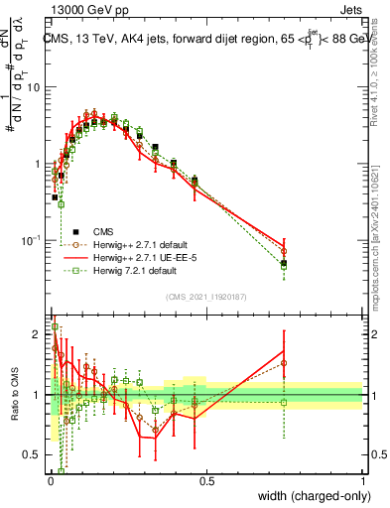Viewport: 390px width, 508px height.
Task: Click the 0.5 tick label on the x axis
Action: (206, 481)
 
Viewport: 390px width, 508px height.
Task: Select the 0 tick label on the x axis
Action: (50, 481)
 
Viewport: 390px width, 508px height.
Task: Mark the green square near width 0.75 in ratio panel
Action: (284, 402)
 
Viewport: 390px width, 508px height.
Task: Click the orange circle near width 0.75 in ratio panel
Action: (284, 363)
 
